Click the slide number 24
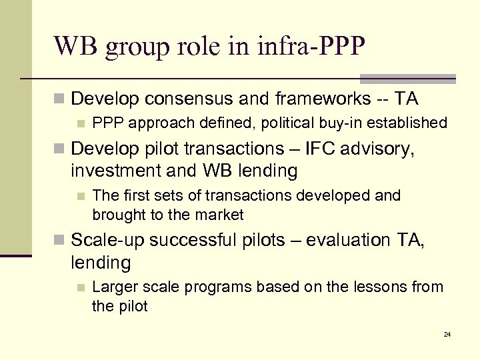coord(447,334)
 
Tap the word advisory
coord(382,148)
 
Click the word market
coord(221,215)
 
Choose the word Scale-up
coord(107,240)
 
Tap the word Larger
coord(113,287)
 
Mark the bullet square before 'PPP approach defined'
coord(81,123)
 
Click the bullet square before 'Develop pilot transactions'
coord(61,149)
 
